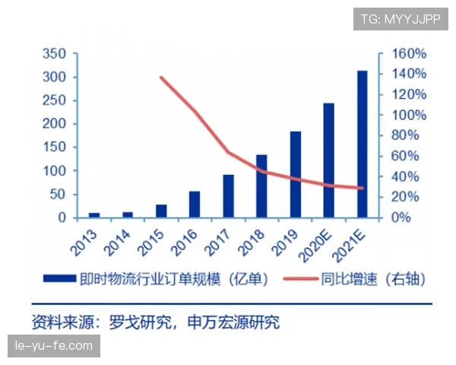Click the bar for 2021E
coord(363,144)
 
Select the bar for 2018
coord(261,186)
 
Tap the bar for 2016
coord(195,205)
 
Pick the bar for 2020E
coord(329,160)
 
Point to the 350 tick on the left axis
coord(55,54)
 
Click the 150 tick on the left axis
coord(55,148)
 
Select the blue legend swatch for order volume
coord(60,279)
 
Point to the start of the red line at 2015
coord(161,78)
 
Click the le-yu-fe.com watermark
coord(54,346)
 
